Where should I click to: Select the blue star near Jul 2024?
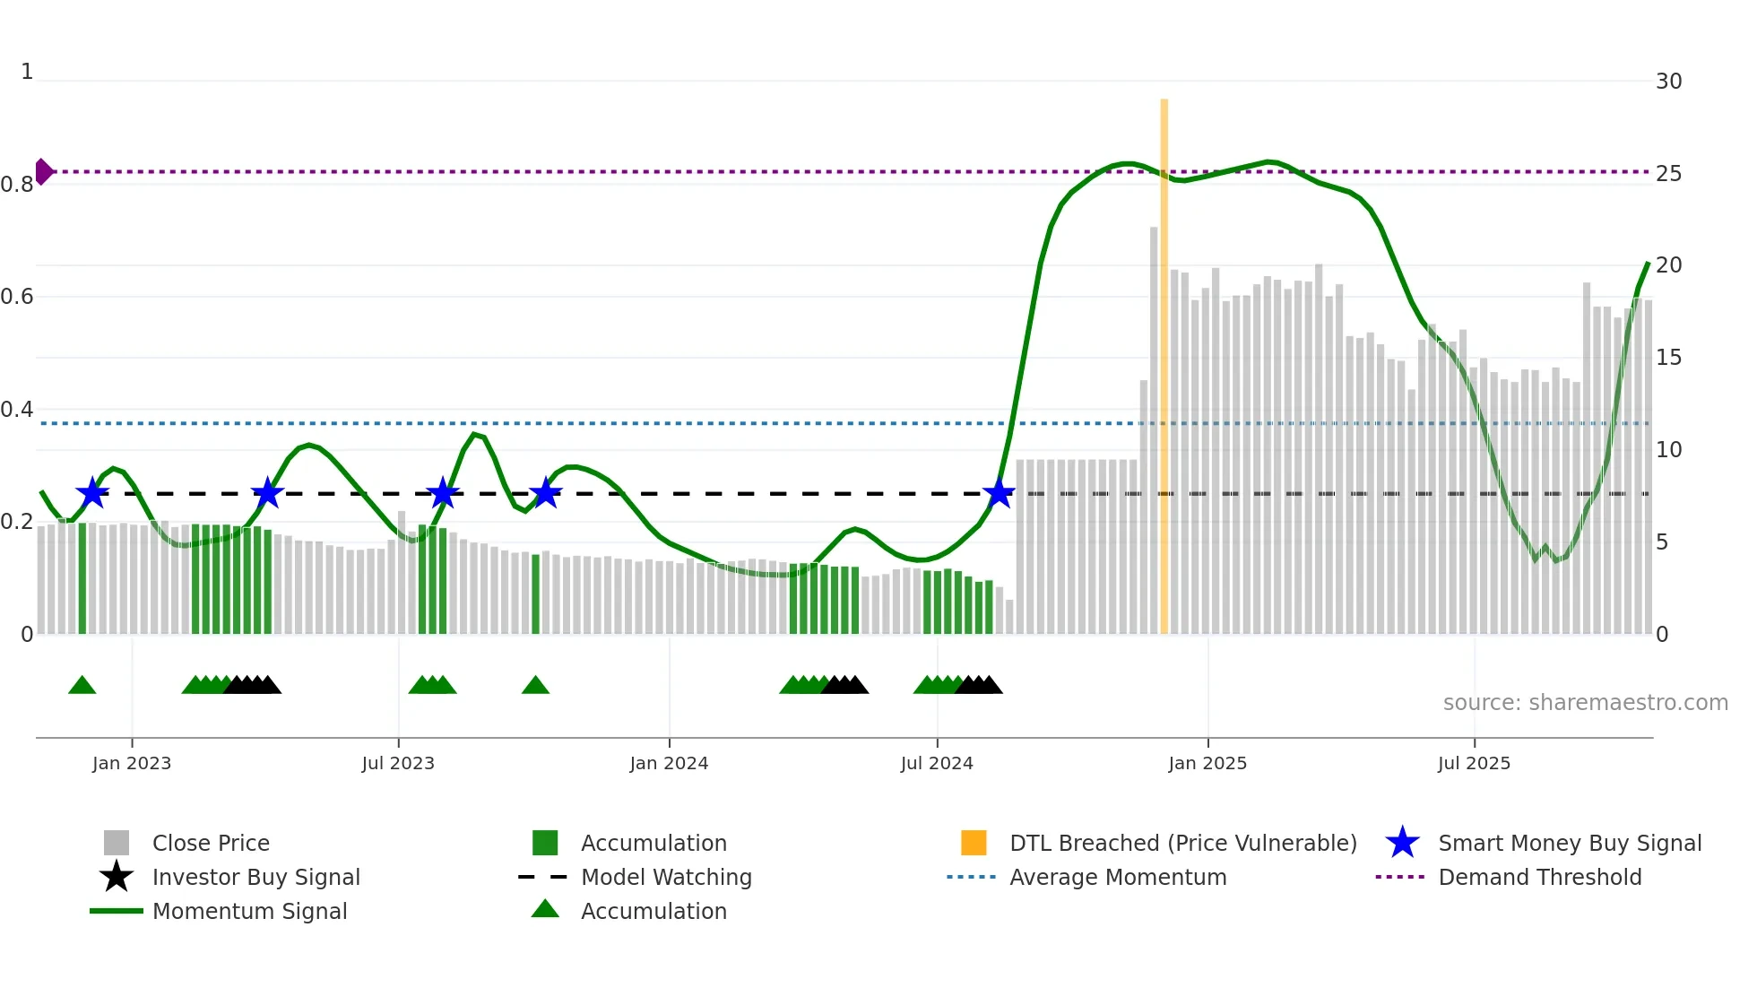pyautogui.click(x=999, y=493)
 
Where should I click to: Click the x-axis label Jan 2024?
pyautogui.click(x=669, y=763)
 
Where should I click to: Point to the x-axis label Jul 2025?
pyautogui.click(x=1474, y=763)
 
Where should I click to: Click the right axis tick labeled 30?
pyautogui.click(x=1668, y=82)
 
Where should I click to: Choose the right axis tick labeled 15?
pyautogui.click(x=1668, y=358)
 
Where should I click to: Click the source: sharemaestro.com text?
pyautogui.click(x=1585, y=702)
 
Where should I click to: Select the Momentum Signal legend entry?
pyautogui.click(x=249, y=911)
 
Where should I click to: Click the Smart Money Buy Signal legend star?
pyautogui.click(x=1402, y=843)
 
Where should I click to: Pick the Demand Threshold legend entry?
pyautogui.click(x=1539, y=877)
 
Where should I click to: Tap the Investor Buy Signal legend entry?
pyautogui.click(x=255, y=877)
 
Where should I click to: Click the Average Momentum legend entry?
pyautogui.click(x=1117, y=877)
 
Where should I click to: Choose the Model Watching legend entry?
pyautogui.click(x=665, y=877)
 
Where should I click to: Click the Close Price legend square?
pyautogui.click(x=117, y=843)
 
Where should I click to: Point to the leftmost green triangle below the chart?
pyautogui.click(x=82, y=686)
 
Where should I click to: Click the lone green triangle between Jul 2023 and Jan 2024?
pyautogui.click(x=535, y=686)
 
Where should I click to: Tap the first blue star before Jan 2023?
pyautogui.click(x=91, y=493)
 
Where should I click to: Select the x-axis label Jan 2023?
pyautogui.click(x=132, y=763)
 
